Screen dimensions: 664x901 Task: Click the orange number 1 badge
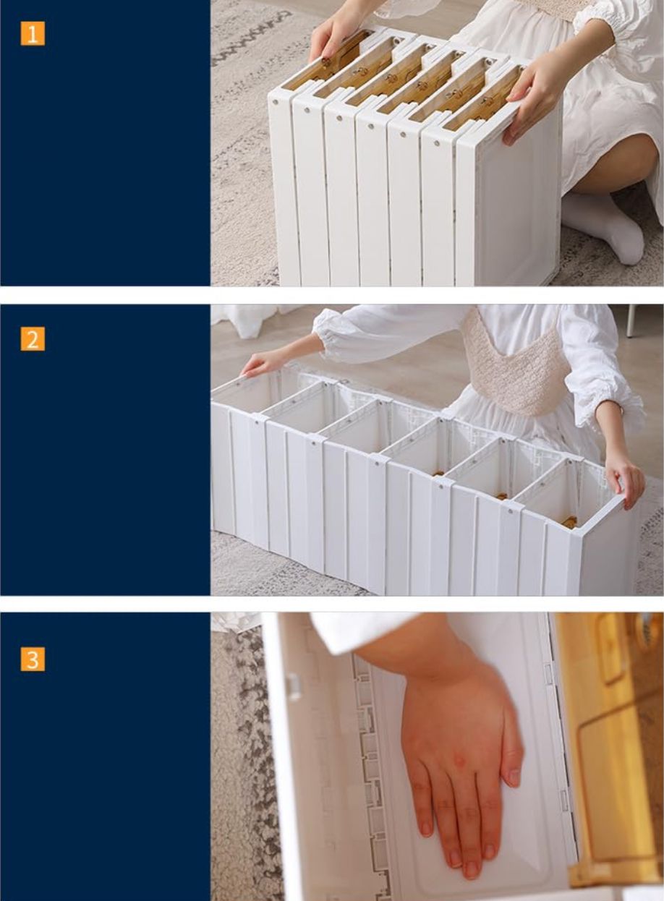click(x=33, y=33)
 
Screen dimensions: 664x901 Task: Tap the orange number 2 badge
click(x=33, y=338)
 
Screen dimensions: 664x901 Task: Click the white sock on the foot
click(x=604, y=227)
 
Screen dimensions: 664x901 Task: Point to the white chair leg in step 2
click(x=631, y=320)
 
